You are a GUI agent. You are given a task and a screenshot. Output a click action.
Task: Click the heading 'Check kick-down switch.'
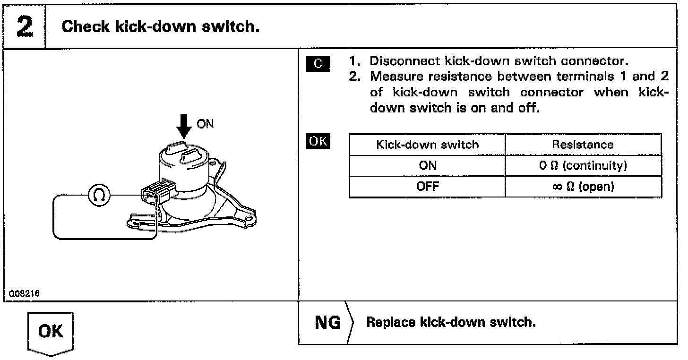click(x=161, y=26)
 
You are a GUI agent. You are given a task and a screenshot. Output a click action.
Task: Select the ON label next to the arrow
click(x=205, y=124)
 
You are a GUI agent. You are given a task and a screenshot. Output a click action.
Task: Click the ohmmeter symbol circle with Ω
click(x=99, y=194)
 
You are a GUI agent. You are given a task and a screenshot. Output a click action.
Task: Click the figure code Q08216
click(x=24, y=293)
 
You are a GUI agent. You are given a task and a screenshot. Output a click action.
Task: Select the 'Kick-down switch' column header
click(x=427, y=145)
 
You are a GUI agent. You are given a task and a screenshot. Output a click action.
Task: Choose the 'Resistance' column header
click(x=583, y=145)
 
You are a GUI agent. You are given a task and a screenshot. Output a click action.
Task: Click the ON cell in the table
click(x=427, y=165)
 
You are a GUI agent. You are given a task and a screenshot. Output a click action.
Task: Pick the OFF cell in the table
click(x=427, y=186)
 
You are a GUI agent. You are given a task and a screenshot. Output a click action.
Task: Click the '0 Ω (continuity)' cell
click(x=583, y=165)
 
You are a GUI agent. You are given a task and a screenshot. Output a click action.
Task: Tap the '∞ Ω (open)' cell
click(x=583, y=186)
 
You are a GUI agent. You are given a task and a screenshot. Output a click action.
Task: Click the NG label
click(x=327, y=323)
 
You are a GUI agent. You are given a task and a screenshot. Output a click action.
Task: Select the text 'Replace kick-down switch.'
click(x=451, y=323)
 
